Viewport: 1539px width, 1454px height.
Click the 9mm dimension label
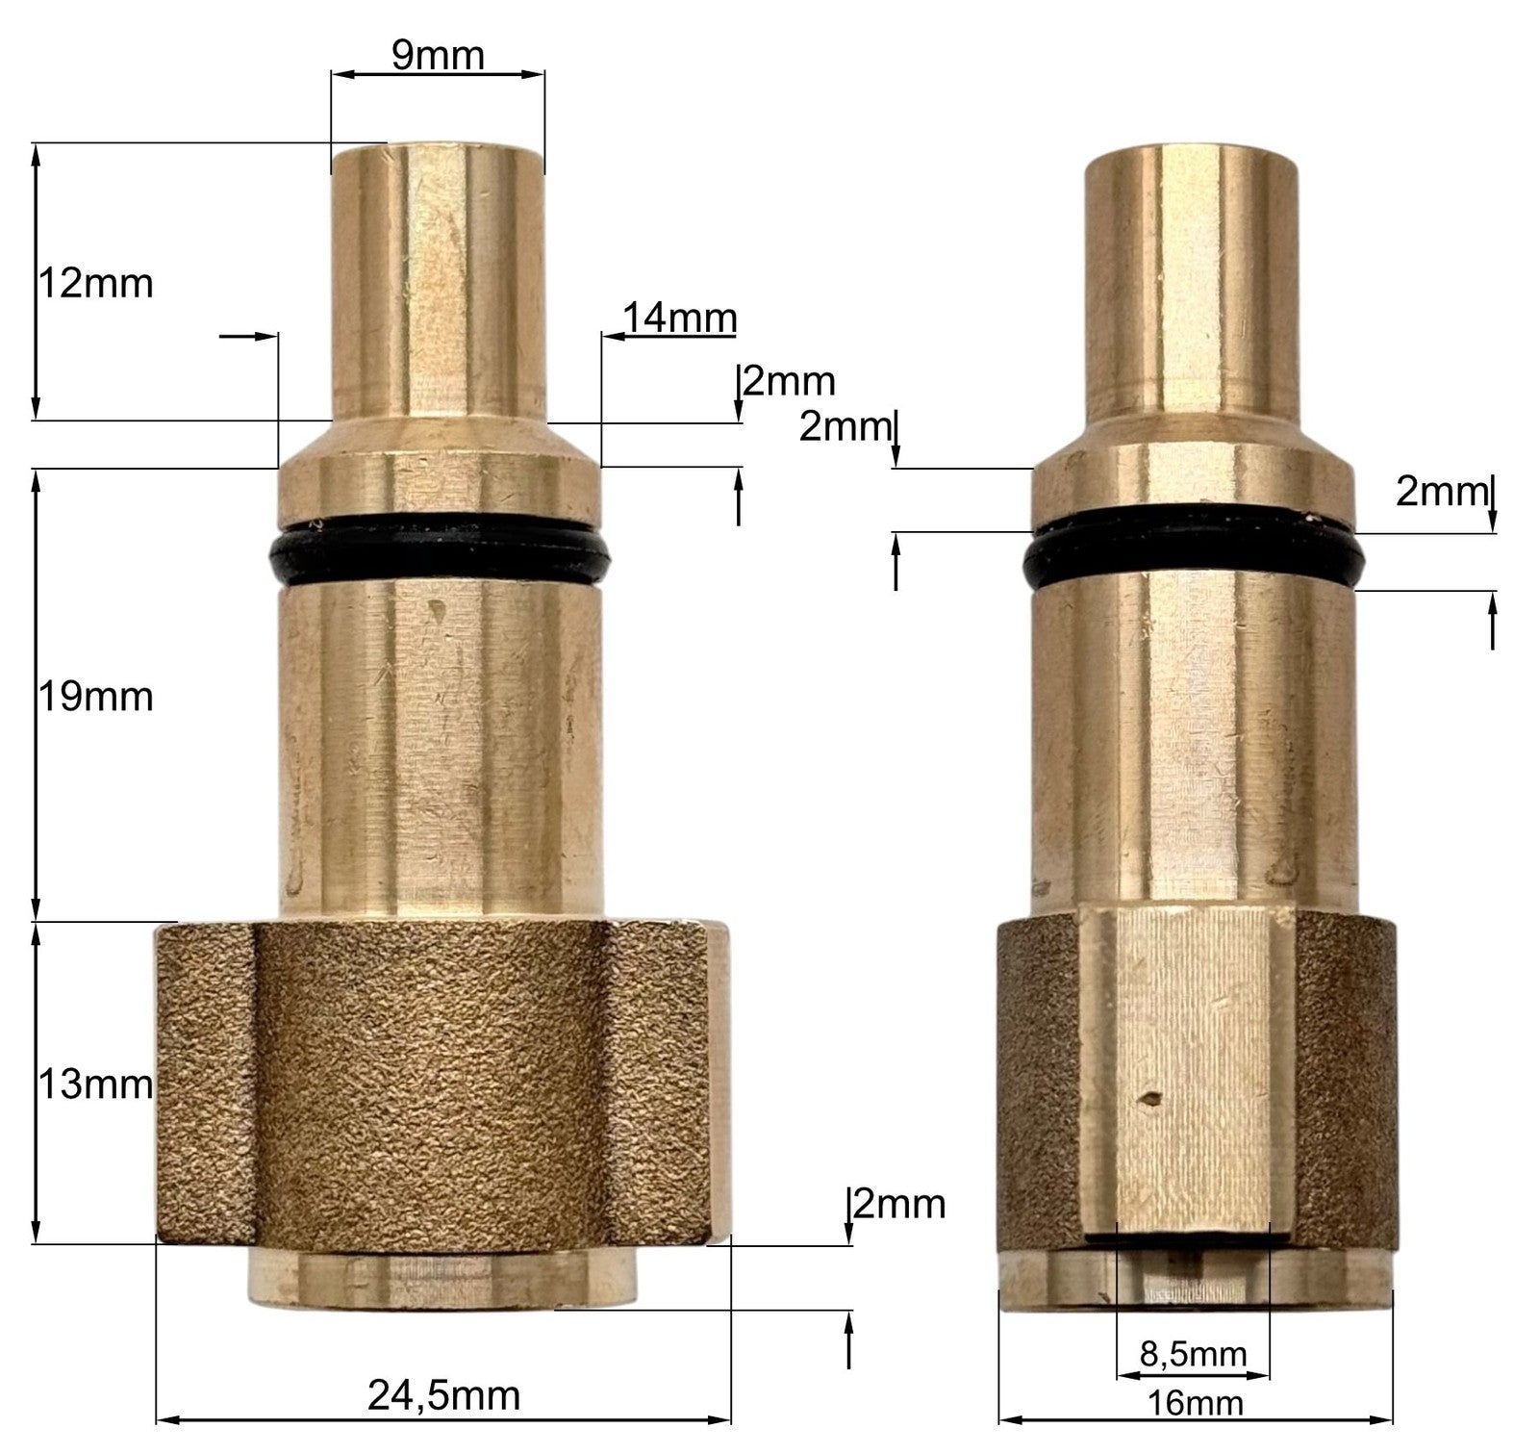438,56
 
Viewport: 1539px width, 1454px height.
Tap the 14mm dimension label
679,317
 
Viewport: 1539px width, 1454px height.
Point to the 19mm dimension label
95,697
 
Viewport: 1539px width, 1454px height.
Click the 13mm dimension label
95,1085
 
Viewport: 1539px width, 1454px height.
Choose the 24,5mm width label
444,1394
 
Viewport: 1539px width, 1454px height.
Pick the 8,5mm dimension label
1193,1355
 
